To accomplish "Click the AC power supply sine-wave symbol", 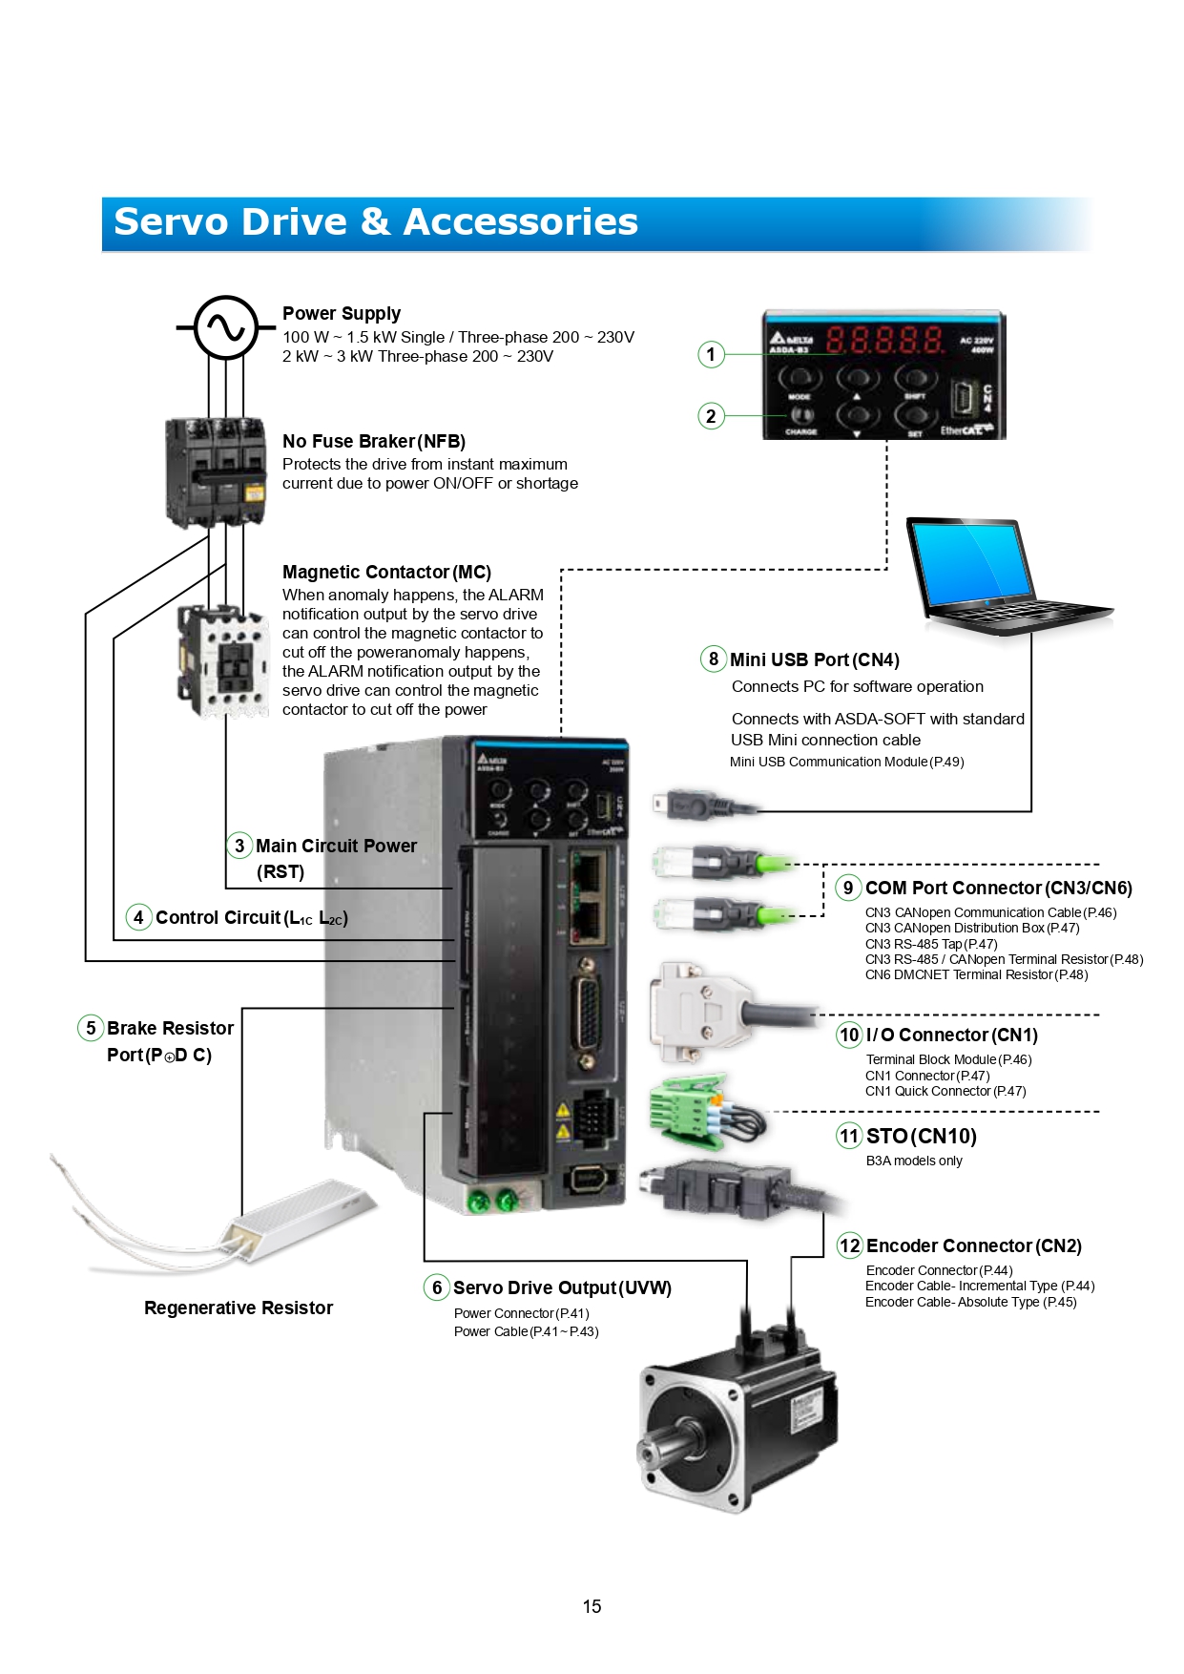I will click(226, 327).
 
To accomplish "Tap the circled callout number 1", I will click(711, 355).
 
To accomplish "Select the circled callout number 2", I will click(711, 416).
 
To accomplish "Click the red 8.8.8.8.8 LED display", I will click(884, 340).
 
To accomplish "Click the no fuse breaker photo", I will click(217, 471).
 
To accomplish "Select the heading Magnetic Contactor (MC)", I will click(386, 572).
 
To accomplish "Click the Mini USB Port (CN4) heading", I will click(814, 659).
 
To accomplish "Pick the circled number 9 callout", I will click(848, 888).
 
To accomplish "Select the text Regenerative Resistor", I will click(239, 1308).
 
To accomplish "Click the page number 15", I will click(592, 1606).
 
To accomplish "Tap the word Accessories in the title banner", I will click(520, 222).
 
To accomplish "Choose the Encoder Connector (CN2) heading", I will click(973, 1245).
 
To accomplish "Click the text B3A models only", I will click(914, 1161).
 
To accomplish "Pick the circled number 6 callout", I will click(437, 1287).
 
